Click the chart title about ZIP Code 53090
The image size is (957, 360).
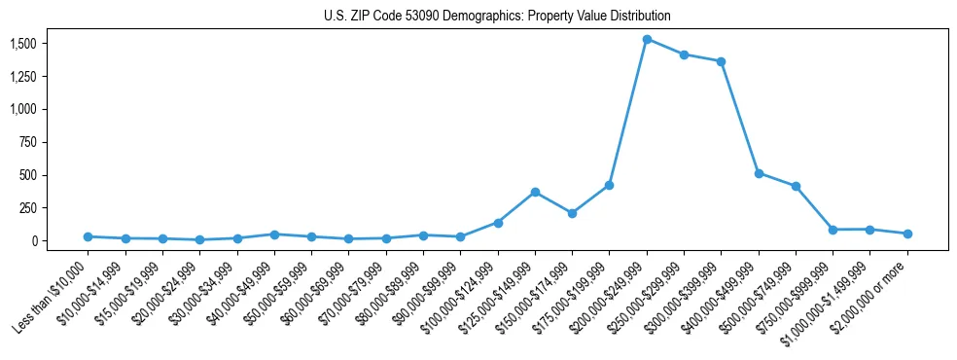coord(497,17)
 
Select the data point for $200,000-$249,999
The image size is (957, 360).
coord(647,39)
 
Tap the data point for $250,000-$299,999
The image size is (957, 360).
coord(684,54)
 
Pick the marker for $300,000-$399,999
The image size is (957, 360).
coord(721,61)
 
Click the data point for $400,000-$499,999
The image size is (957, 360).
coord(759,173)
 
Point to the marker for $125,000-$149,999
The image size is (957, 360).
coord(535,192)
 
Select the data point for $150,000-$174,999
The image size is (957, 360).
coord(572,213)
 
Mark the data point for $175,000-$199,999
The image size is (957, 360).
coord(609,185)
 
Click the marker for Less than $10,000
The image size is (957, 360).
coord(88,236)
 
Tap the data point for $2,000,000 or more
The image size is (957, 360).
coord(907,234)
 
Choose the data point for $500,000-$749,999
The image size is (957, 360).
coord(796,186)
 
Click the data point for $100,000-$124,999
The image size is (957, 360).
coord(498,223)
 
